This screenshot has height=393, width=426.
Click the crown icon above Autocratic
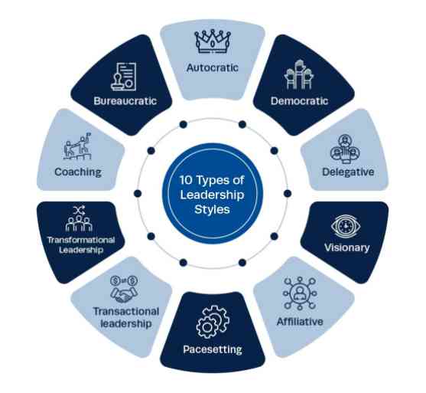[213, 41]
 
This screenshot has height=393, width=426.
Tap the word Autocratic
[213, 67]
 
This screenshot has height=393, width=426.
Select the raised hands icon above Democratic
[299, 75]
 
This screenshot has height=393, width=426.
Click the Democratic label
[299, 101]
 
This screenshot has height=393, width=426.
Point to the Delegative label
[348, 172]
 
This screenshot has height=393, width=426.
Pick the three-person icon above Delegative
[345, 149]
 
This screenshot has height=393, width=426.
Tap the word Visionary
[347, 247]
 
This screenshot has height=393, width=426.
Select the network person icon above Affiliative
[300, 293]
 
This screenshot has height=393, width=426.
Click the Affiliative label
[300, 322]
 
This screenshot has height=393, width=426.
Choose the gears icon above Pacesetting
[213, 322]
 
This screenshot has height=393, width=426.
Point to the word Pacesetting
[213, 349]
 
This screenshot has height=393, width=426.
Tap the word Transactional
[125, 311]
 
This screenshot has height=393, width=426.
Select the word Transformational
[81, 240]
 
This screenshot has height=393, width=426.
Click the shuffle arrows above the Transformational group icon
[79, 210]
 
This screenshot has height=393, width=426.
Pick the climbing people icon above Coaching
[77, 146]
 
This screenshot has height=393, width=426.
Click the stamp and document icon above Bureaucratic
[124, 77]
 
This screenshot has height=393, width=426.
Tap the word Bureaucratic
[125, 101]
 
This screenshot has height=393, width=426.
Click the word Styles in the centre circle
[212, 210]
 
